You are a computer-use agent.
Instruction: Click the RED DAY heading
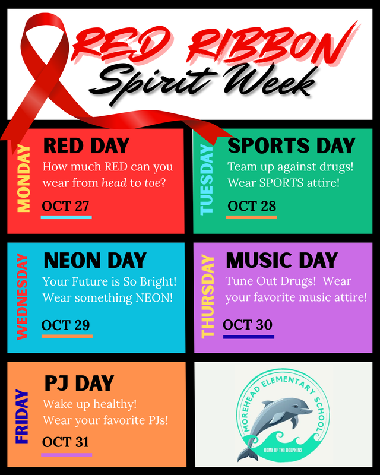pyautogui.click(x=86, y=145)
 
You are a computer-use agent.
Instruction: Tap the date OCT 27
pyautogui.click(x=65, y=206)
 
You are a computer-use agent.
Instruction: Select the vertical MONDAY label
pyautogui.click(x=24, y=179)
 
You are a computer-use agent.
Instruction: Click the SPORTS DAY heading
pyautogui.click(x=291, y=145)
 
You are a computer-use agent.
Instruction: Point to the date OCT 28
pyautogui.click(x=252, y=206)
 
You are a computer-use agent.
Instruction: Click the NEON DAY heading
pyautogui.click(x=95, y=260)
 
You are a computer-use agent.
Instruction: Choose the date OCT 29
pyautogui.click(x=65, y=325)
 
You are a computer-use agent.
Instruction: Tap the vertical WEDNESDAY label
pyautogui.click(x=23, y=297)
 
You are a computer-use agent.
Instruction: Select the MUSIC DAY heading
pyautogui.click(x=281, y=260)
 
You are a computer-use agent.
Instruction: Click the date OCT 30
pyautogui.click(x=248, y=325)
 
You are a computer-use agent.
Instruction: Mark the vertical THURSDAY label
pyautogui.click(x=208, y=297)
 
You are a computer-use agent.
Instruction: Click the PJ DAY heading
pyautogui.click(x=79, y=384)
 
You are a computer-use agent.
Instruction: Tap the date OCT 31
pyautogui.click(x=65, y=442)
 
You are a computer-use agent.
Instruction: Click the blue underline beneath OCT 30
pyautogui.click(x=249, y=337)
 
